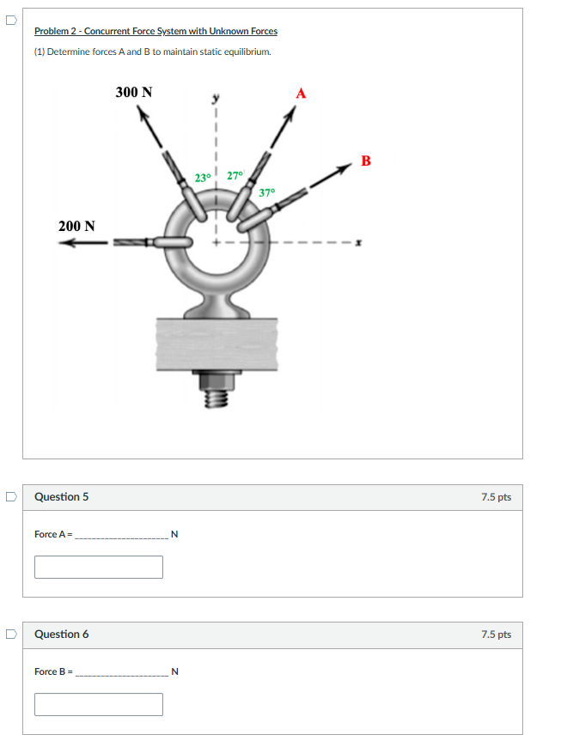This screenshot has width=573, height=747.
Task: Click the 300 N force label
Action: [134, 92]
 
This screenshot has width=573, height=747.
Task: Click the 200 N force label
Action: [76, 226]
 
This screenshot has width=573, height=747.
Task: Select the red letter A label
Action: [301, 93]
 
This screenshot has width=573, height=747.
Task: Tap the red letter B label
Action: [367, 161]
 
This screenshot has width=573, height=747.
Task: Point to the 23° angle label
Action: [203, 179]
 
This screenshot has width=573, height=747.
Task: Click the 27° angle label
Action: [235, 176]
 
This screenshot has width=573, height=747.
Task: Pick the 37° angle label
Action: [266, 191]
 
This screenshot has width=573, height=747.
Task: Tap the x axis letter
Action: [360, 243]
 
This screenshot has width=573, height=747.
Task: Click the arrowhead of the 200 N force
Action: [65, 243]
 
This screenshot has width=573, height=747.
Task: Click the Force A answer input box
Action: [99, 567]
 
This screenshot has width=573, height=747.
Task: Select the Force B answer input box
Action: [99, 704]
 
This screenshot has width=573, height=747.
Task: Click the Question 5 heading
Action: [61, 497]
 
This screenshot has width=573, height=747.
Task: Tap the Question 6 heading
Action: [61, 635]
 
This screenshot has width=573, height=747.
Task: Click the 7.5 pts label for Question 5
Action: [496, 497]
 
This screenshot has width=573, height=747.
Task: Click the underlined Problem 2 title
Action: [155, 31]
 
